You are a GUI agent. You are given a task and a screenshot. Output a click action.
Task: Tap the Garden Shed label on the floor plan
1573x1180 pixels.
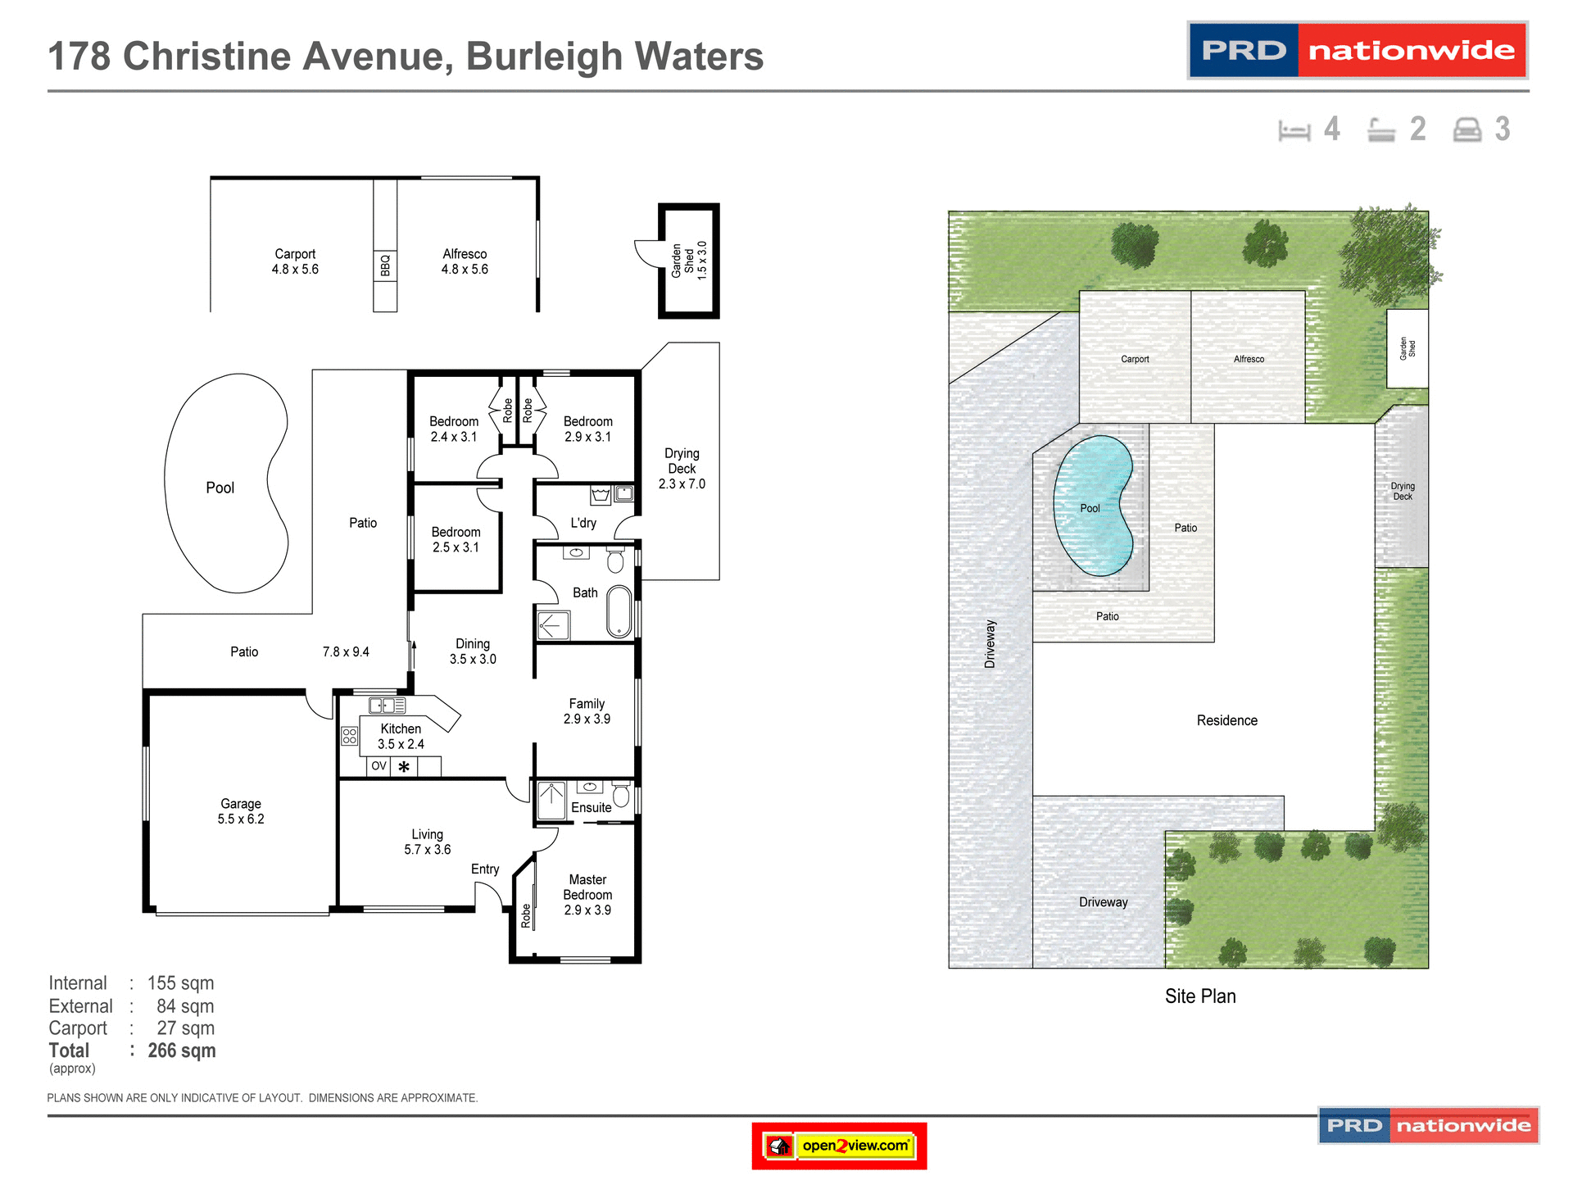(688, 261)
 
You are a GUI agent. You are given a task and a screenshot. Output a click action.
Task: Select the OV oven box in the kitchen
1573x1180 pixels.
(379, 766)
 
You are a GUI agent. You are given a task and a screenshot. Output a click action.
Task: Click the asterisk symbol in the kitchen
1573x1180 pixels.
(404, 768)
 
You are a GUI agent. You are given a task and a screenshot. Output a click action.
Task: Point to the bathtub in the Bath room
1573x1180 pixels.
(619, 611)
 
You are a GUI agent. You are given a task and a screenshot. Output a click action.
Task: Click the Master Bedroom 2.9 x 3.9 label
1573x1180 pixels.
(587, 894)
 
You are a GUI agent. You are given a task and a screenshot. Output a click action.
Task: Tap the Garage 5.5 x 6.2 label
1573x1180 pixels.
(241, 811)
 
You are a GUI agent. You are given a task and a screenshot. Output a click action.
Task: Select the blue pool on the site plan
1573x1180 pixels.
(1092, 505)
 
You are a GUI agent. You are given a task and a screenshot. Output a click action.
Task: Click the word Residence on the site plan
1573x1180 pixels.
(1226, 720)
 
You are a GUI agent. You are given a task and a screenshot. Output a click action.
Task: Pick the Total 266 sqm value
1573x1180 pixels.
(182, 1051)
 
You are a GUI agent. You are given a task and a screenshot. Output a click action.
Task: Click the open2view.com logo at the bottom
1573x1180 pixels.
(839, 1146)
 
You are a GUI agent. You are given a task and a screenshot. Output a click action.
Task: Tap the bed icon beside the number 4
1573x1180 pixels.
(1294, 130)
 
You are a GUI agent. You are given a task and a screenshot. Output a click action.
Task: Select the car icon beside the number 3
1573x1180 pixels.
(1466, 130)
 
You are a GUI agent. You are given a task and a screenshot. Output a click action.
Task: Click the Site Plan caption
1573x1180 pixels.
(1200, 996)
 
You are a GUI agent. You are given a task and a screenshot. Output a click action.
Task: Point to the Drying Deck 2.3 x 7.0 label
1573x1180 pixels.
(682, 469)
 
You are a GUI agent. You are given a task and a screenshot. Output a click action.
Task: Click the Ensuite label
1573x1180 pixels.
(591, 807)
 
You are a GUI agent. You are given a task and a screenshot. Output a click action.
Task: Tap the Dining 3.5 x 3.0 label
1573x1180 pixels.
(473, 651)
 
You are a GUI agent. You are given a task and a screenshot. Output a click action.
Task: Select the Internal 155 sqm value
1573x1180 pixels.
(180, 983)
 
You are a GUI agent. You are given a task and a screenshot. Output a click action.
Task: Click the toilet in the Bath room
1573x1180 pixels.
(615, 560)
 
